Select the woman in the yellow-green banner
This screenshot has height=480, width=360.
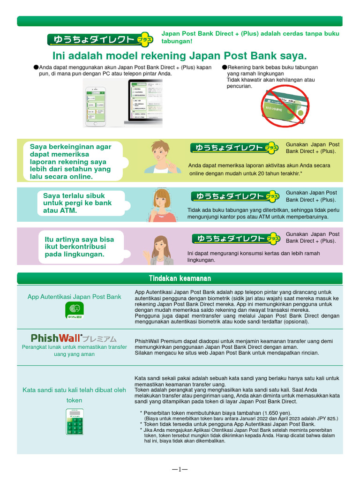160,157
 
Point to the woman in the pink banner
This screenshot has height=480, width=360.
161,250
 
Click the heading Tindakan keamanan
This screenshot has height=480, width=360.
180,278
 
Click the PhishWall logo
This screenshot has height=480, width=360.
74,338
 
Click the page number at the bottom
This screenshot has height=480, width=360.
180,469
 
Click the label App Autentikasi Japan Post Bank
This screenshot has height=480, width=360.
74,297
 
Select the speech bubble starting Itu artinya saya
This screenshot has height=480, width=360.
80,247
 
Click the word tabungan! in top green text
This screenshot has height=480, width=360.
178,41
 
